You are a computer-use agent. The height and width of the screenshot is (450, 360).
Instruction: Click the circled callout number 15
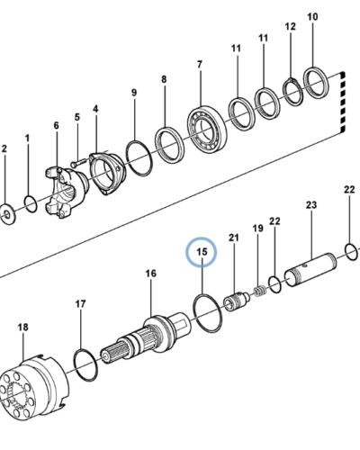click(202, 252)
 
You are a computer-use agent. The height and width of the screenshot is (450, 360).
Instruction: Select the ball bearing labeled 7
click(207, 127)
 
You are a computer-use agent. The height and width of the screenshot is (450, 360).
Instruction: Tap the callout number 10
click(312, 17)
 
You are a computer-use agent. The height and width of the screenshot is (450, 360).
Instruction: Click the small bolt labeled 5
click(78, 163)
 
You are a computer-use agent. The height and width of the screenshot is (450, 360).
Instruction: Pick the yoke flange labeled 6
click(66, 192)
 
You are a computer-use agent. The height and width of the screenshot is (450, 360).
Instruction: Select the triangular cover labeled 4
click(106, 174)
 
